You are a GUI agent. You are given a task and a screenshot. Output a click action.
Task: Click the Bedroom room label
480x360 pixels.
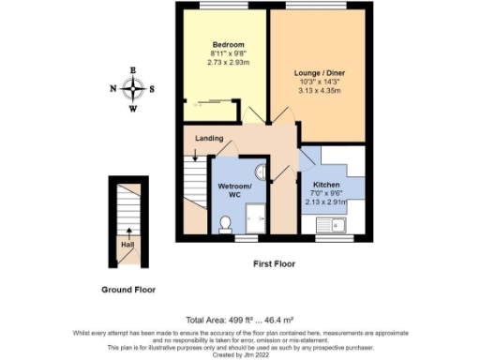pyautogui.click(x=228, y=45)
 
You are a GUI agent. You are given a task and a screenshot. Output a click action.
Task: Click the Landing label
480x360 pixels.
pyautogui.click(x=209, y=139)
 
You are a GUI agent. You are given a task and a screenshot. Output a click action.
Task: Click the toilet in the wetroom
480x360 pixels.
pyautogui.click(x=224, y=223)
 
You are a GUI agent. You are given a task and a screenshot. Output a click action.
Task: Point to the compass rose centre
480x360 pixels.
pyautogui.click(x=133, y=90)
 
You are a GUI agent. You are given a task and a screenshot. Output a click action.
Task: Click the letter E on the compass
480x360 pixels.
pyautogui.click(x=133, y=70)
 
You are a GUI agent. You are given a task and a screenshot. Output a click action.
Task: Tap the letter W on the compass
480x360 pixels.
pyautogui.click(x=133, y=110)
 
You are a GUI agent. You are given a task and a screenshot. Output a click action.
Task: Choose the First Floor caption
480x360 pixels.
pyautogui.click(x=276, y=264)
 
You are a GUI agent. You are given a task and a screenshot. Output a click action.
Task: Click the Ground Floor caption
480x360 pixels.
pyautogui.click(x=128, y=290)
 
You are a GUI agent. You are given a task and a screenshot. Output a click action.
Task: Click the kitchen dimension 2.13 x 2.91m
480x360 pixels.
pyautogui.click(x=326, y=201)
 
